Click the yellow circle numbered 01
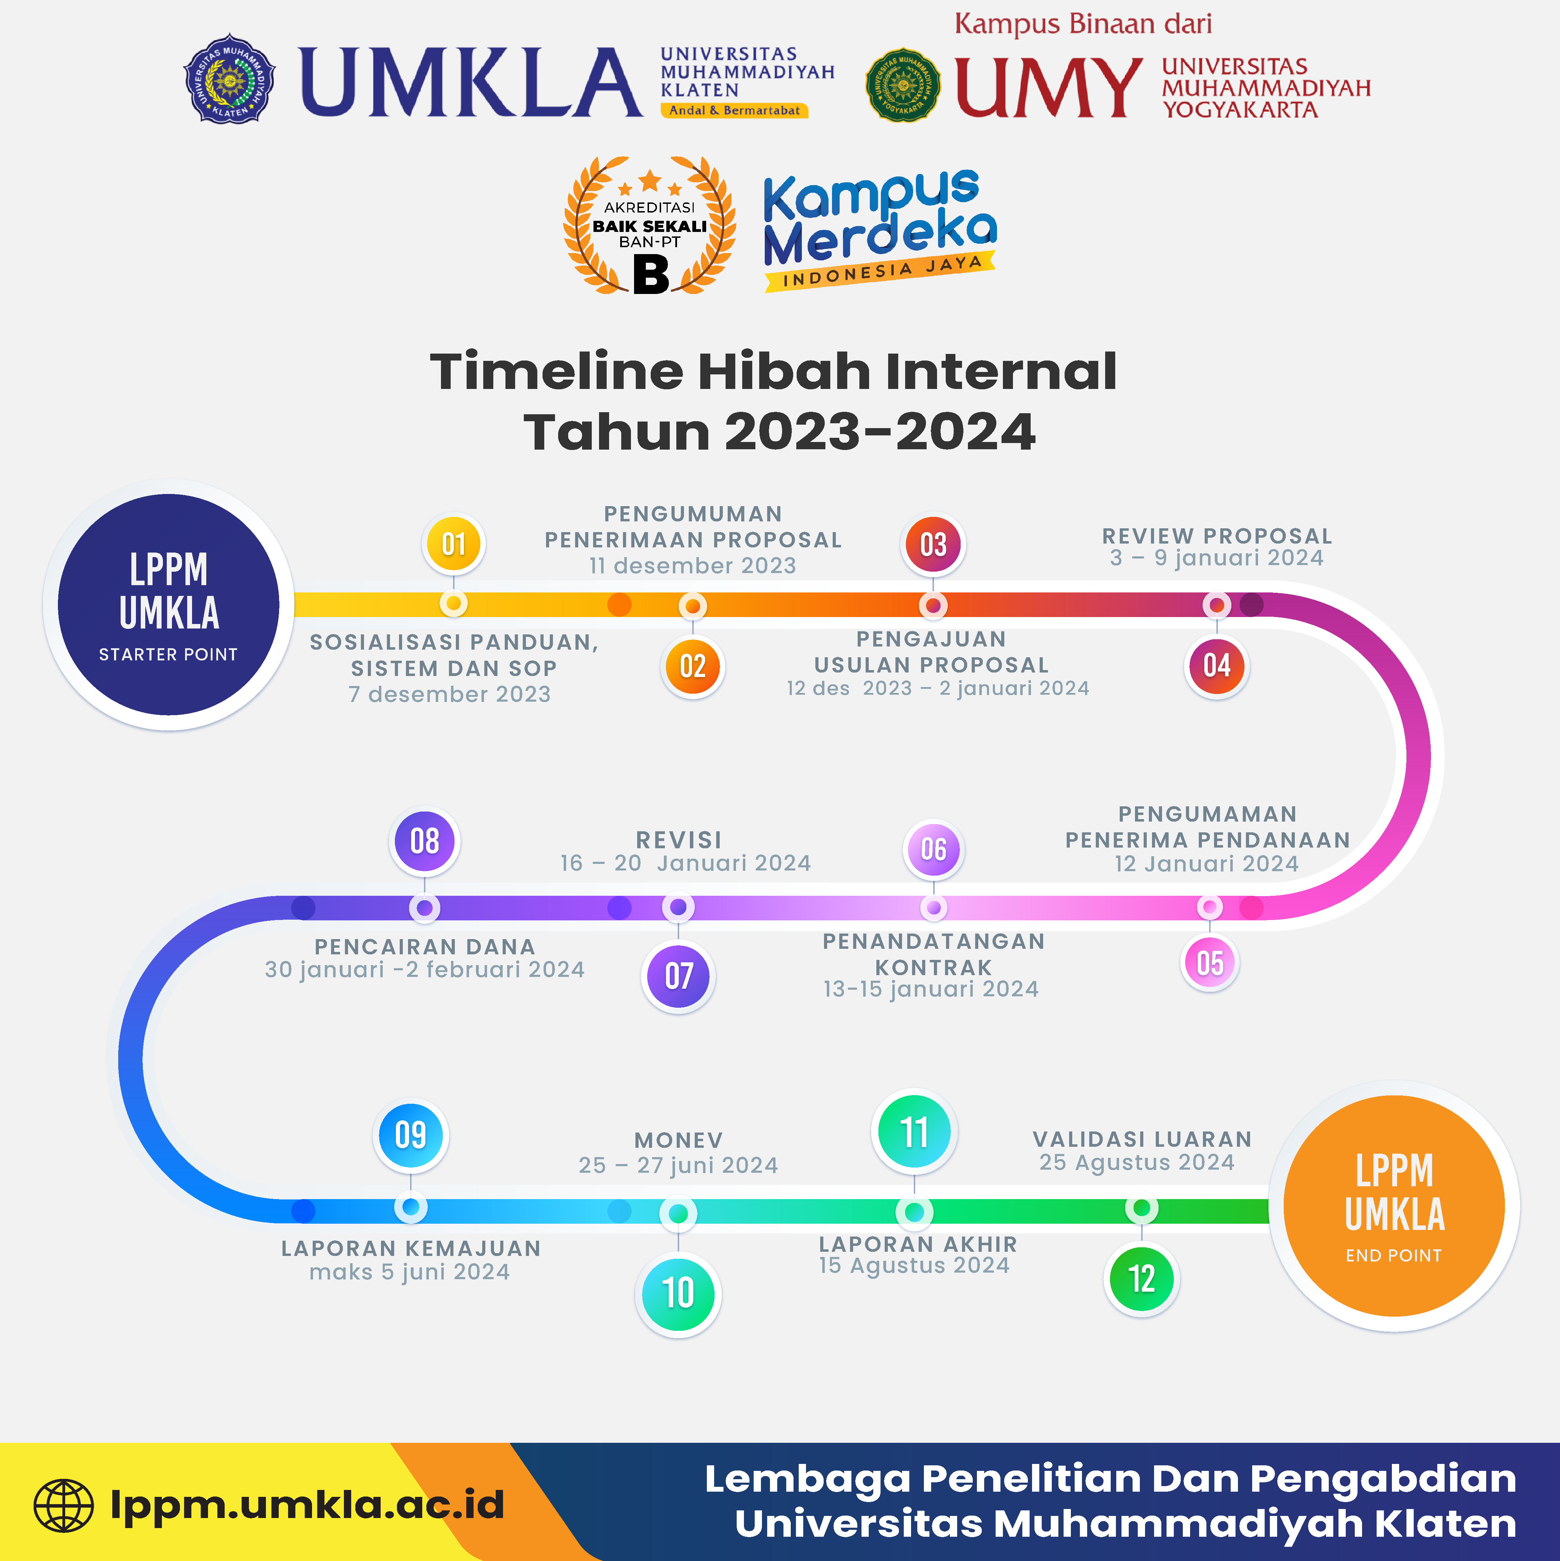click(453, 544)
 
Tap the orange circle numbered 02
click(692, 667)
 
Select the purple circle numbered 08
click(424, 841)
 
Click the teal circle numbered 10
click(678, 1293)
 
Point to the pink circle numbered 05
click(1210, 962)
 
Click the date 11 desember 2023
click(692, 566)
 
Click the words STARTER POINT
click(168, 654)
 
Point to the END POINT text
click(1394, 1256)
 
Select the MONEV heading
click(678, 1140)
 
